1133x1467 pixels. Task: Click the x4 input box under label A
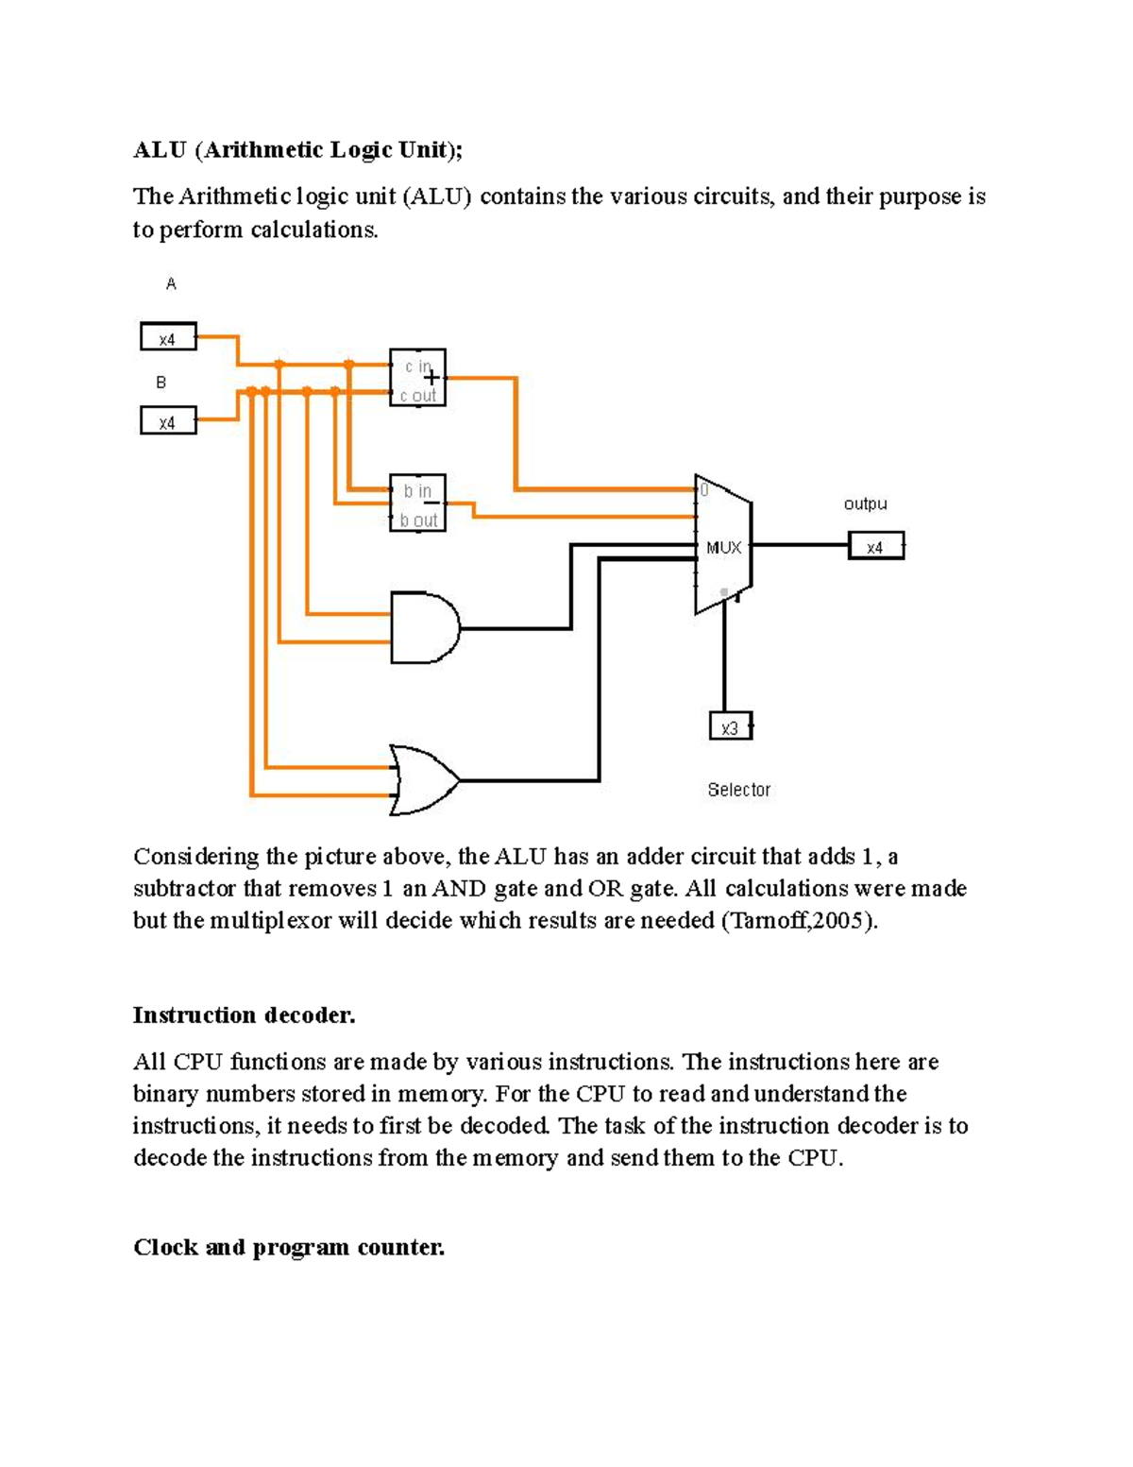pyautogui.click(x=168, y=337)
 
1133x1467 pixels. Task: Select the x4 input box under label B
pyautogui.click(x=168, y=420)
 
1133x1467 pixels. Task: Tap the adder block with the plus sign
pyautogui.click(x=417, y=378)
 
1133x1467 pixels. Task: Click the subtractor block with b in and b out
pyautogui.click(x=417, y=503)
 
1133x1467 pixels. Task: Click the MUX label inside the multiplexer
pyautogui.click(x=723, y=548)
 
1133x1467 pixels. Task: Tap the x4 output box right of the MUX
pyautogui.click(x=875, y=547)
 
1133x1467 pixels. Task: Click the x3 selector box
pyautogui.click(x=730, y=727)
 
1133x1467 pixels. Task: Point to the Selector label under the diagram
pyautogui.click(x=738, y=790)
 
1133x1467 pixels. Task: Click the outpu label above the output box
pyautogui.click(x=865, y=504)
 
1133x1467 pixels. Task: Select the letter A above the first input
pyautogui.click(x=171, y=284)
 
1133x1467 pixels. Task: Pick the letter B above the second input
pyautogui.click(x=161, y=383)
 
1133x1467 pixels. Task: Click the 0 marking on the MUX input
pyautogui.click(x=704, y=490)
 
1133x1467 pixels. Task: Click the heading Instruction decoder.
pyautogui.click(x=244, y=1015)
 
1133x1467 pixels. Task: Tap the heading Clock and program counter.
pyautogui.click(x=288, y=1248)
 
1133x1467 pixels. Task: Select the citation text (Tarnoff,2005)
pyautogui.click(x=799, y=921)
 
